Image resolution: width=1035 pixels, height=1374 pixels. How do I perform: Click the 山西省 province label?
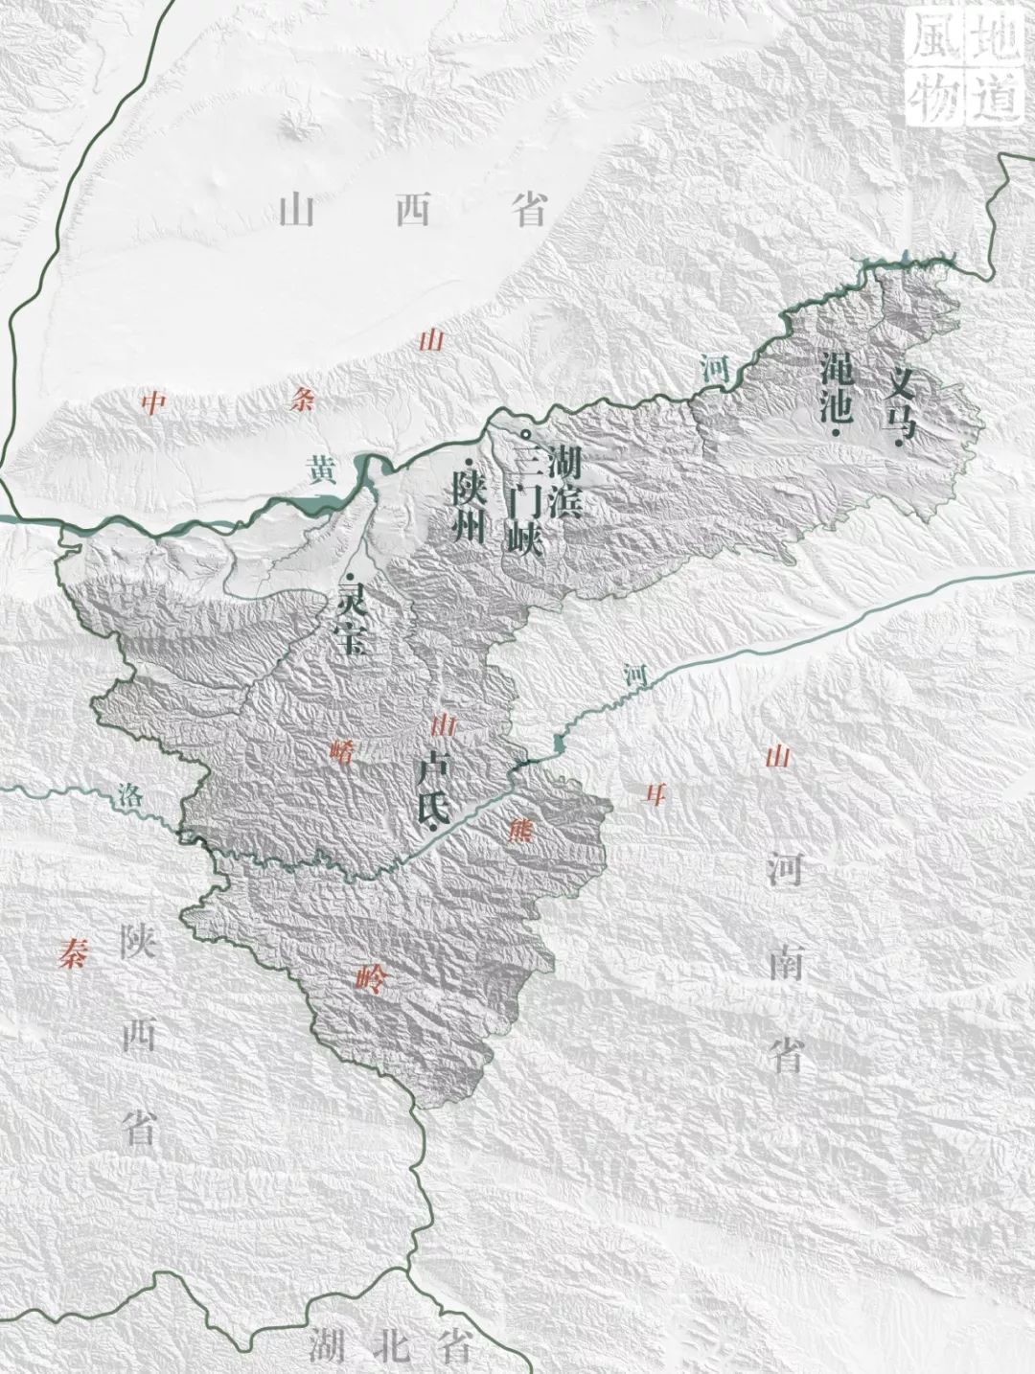click(x=413, y=209)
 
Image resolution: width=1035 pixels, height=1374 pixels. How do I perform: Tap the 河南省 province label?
click(x=785, y=963)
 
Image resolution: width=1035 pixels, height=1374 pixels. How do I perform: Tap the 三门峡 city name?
click(x=526, y=505)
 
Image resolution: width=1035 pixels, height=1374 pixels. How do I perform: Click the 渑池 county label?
click(x=836, y=387)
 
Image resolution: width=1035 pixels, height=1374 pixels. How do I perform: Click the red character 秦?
click(x=71, y=953)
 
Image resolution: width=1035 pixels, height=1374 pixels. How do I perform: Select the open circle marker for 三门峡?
click(x=524, y=435)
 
